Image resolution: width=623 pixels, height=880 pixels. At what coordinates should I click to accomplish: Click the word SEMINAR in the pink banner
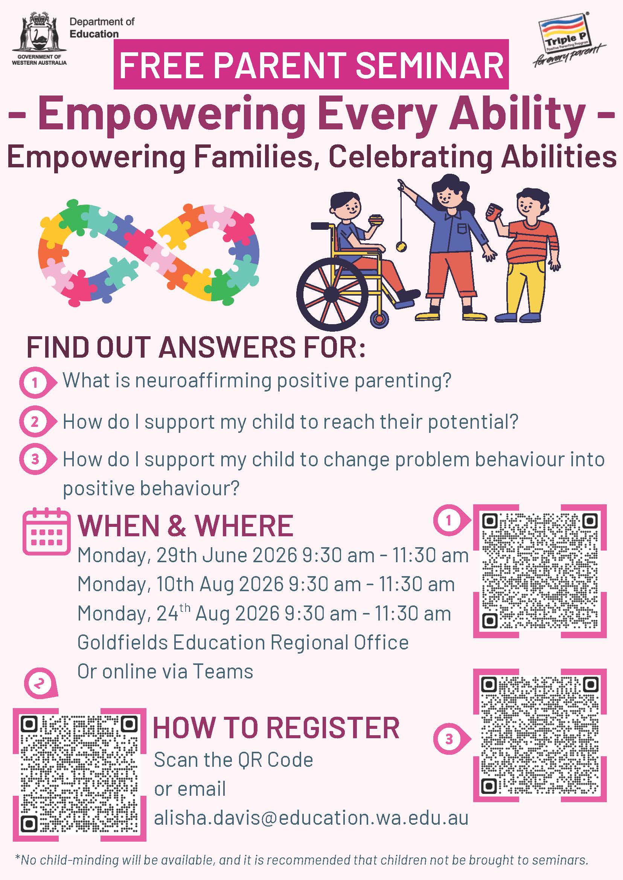430,65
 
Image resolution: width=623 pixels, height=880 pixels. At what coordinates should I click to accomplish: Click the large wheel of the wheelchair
332,294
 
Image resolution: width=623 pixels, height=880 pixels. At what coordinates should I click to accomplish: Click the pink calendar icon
47,531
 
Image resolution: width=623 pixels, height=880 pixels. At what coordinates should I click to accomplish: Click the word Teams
222,672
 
